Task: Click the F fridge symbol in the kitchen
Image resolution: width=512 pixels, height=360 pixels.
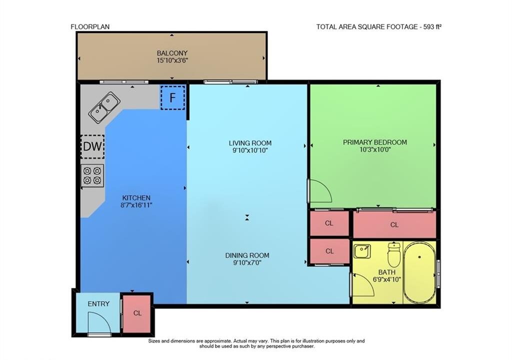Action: point(172,97)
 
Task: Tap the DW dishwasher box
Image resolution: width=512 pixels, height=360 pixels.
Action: point(92,146)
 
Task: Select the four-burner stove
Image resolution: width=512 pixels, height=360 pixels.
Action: point(92,175)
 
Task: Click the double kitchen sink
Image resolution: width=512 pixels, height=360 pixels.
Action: point(104,107)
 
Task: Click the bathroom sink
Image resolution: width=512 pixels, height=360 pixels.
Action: point(362,251)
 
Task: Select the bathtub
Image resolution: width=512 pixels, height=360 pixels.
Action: point(419,273)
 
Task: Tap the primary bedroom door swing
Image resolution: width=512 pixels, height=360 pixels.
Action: point(320,191)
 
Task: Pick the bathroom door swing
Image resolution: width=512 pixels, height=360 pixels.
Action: point(362,284)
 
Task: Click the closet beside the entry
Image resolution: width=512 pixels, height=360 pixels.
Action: point(137,313)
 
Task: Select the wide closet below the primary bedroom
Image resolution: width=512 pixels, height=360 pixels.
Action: point(395,225)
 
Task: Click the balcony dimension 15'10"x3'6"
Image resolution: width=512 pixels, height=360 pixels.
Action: point(172,60)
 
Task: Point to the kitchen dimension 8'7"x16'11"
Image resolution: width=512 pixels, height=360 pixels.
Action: point(136,205)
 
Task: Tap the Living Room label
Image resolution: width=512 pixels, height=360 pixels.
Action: point(250,143)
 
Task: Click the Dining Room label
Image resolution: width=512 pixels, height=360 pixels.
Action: point(247,255)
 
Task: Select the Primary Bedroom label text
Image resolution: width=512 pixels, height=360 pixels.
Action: point(375,142)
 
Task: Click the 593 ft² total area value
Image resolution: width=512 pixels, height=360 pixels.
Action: point(432,27)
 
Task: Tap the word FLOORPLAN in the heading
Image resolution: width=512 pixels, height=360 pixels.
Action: point(90,27)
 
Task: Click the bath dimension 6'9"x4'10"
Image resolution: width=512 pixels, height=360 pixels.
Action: point(387,279)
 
